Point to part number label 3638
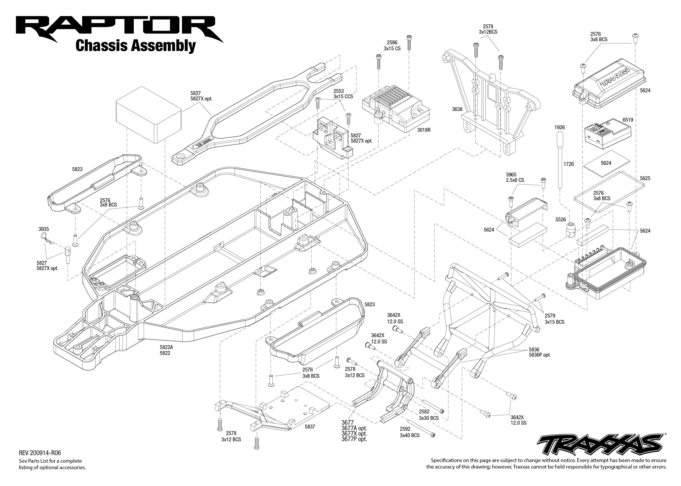coord(457,109)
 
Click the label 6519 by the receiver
coord(628,120)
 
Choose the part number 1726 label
coord(568,164)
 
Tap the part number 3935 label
coord(44,229)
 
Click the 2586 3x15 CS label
coord(392,46)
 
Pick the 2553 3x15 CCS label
coord(343,94)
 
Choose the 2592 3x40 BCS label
coord(410,432)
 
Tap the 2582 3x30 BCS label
coord(429,415)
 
